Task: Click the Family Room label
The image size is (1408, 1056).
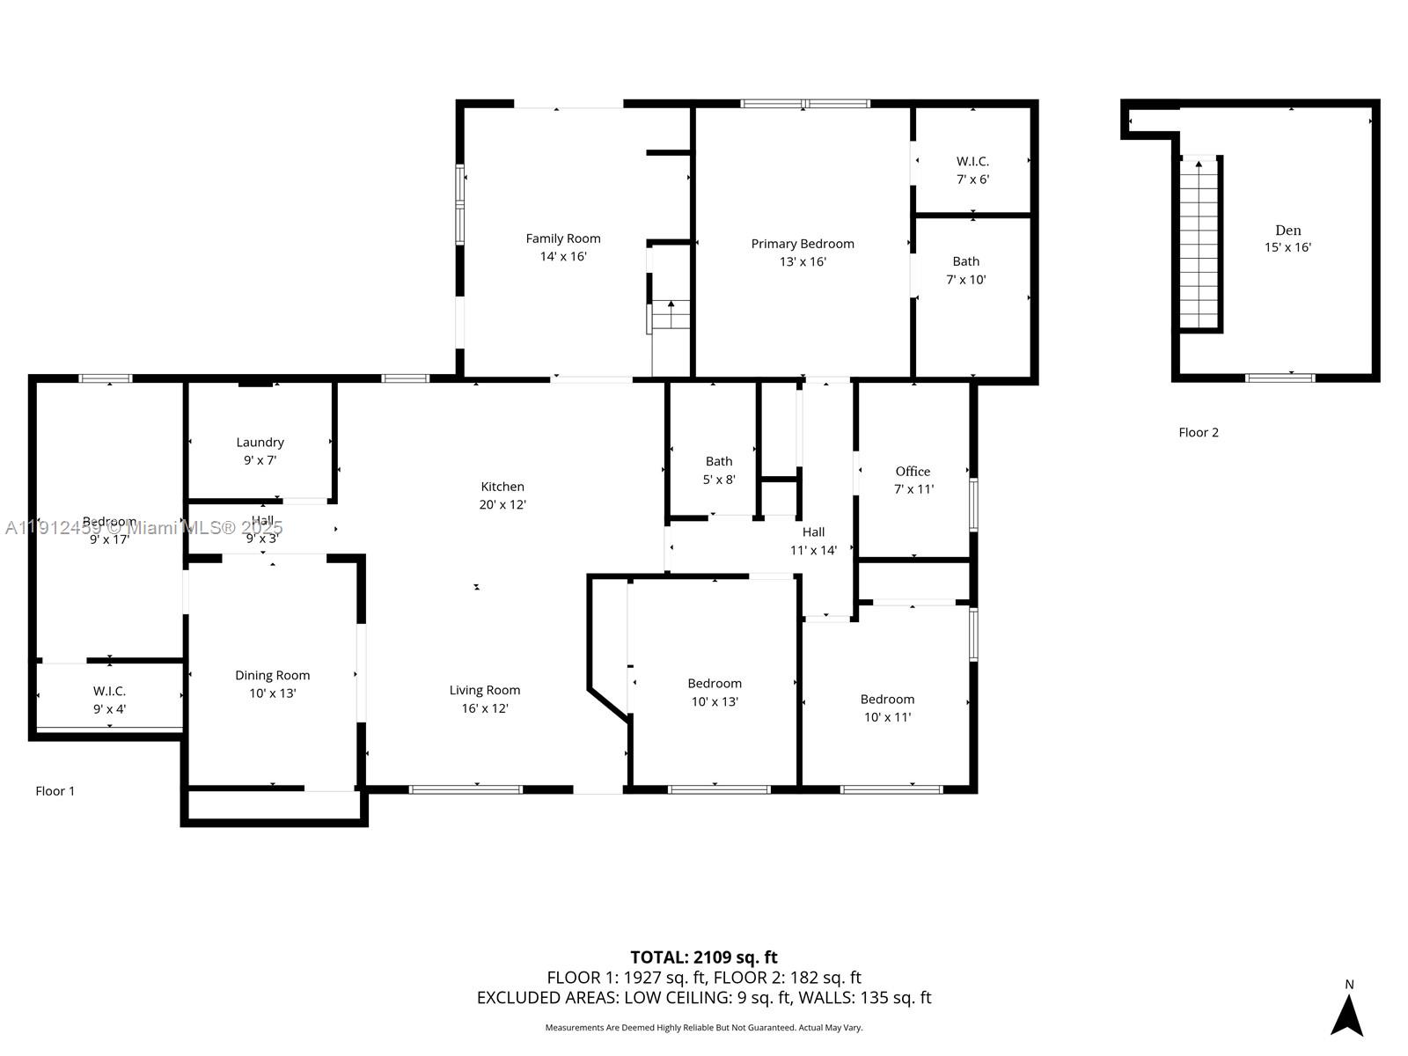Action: pos(563,238)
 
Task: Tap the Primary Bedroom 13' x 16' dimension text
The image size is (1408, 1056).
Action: pos(803,262)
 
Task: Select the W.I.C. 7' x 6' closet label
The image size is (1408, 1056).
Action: pos(972,162)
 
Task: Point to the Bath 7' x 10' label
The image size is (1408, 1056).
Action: pos(965,261)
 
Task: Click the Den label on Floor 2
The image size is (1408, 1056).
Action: pos(1287,231)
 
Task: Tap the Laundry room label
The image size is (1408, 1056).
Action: pos(260,443)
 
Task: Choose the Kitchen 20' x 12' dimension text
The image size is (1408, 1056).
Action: pos(502,505)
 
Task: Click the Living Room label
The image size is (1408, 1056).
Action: pos(485,691)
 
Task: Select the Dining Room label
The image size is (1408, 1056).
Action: pos(272,676)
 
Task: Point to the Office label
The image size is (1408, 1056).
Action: pos(913,472)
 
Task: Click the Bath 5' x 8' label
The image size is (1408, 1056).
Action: pos(719,462)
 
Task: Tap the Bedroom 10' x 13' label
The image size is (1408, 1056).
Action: pos(715,684)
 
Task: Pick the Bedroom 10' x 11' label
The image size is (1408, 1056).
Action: pos(887,700)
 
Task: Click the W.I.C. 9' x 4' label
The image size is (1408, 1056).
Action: pos(109,692)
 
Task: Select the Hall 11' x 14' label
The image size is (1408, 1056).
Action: pos(813,532)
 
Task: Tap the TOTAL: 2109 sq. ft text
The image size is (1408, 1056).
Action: pos(704,957)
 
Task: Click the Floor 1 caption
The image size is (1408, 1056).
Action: pos(55,791)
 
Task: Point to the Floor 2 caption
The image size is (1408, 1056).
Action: pos(1199,432)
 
